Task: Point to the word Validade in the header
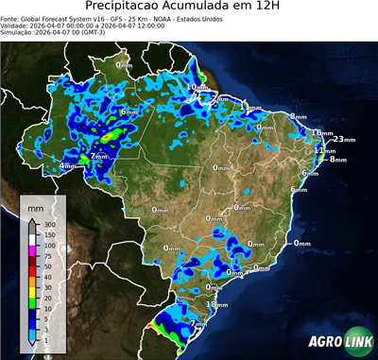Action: point(16,25)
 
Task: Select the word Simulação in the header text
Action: point(18,31)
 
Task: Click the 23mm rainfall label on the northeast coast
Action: point(343,140)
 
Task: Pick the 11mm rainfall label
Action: point(324,150)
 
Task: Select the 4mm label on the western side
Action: point(68,166)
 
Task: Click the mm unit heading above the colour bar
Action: point(35,205)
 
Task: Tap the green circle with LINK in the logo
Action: point(356,343)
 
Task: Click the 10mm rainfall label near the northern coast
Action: point(196,88)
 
